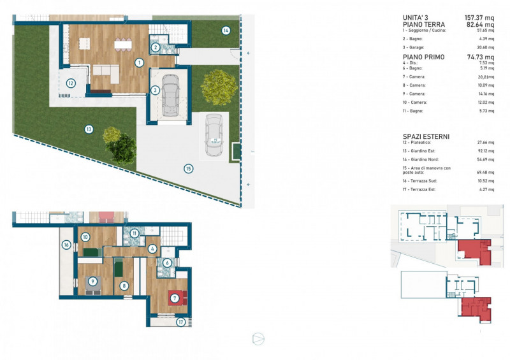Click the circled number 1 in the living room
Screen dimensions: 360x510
coord(139,62)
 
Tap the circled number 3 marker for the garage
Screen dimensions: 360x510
coord(155,90)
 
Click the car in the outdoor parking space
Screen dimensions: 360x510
coord(212,136)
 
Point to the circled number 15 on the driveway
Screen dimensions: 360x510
coord(188,169)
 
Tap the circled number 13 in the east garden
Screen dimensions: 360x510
coord(89,129)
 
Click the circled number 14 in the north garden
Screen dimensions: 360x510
coord(226,30)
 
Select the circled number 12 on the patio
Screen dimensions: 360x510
coord(71,83)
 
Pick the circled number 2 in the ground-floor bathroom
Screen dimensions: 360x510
coord(155,46)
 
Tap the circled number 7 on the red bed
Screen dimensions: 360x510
coord(174,298)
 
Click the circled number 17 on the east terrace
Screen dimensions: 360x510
coord(180,322)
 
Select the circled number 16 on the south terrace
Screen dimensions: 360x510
coord(66,245)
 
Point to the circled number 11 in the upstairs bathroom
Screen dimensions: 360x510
coord(135,233)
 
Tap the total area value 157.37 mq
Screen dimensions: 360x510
coord(481,17)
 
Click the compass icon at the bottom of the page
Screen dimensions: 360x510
coord(258,339)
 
